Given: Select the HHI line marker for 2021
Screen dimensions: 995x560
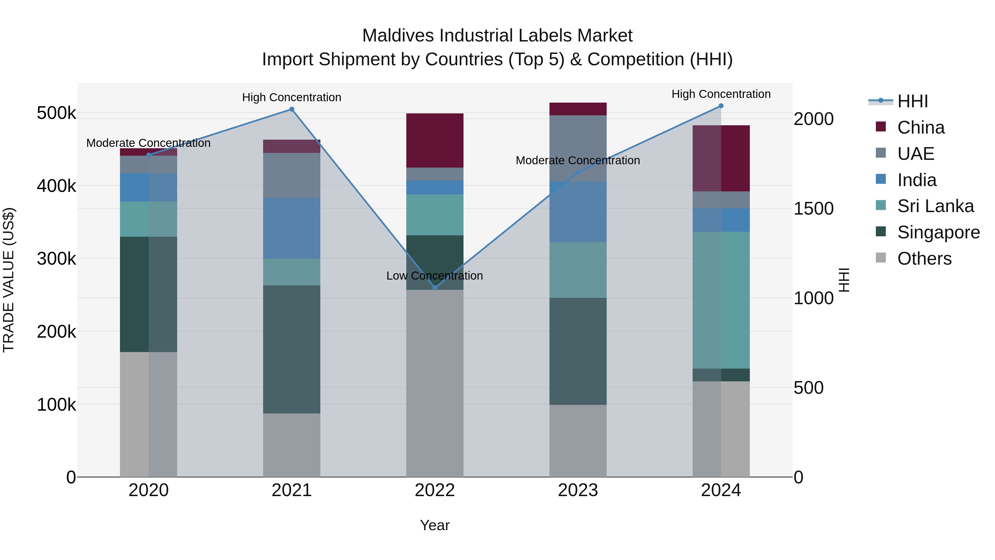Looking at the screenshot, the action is pos(292,109).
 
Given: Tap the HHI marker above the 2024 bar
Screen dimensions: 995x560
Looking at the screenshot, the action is pos(721,106).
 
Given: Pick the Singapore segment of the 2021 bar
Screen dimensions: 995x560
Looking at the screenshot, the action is pos(292,349).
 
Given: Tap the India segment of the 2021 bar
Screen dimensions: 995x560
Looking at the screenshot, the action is pos(292,228).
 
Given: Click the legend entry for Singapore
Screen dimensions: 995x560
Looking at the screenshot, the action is pos(938,232).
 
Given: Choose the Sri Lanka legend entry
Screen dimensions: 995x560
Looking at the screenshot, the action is pos(935,206).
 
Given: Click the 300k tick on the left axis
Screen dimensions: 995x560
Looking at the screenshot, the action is pos(56,259).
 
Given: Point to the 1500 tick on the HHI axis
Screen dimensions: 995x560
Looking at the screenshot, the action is pos(813,209).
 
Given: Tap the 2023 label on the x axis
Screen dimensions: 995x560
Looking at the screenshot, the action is pos(578,490).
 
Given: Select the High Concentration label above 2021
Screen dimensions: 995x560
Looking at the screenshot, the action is pos(292,97).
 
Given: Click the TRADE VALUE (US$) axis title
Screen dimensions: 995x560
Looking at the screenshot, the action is pos(9,280).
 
